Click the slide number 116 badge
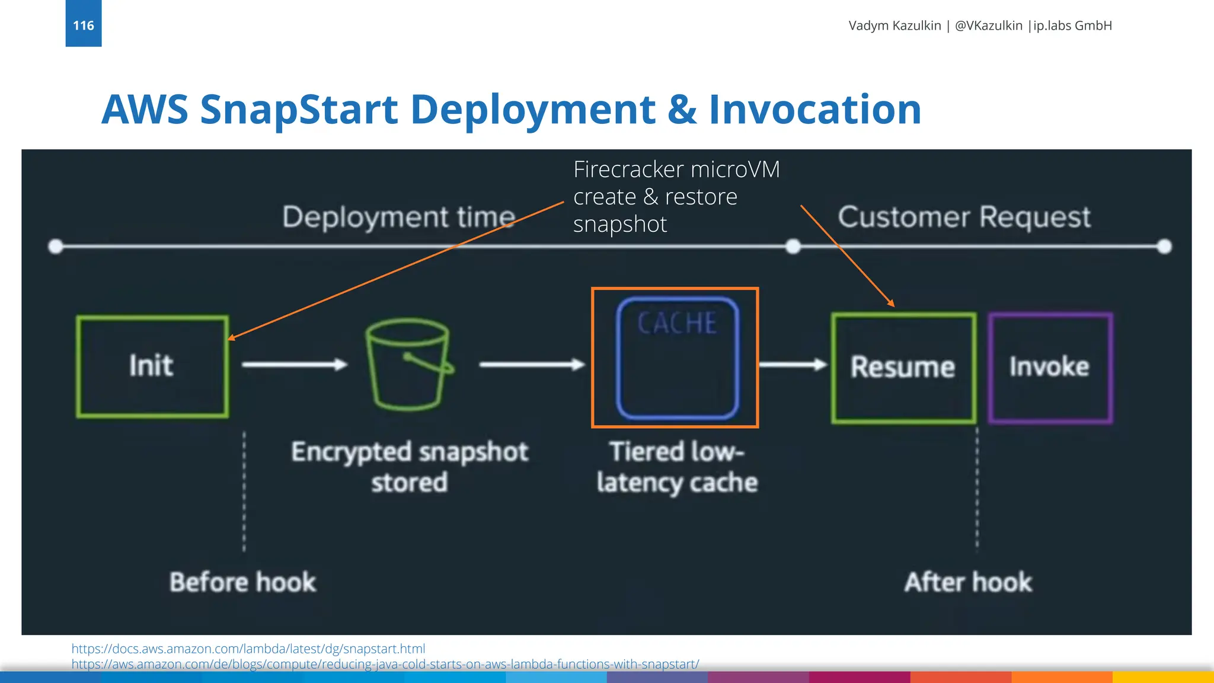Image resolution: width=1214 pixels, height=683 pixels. click(84, 25)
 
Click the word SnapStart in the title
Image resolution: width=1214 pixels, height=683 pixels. click(299, 110)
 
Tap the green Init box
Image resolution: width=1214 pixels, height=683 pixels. click(152, 366)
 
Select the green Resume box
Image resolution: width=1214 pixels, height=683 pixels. click(903, 368)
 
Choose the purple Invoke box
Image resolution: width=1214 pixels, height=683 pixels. click(1050, 368)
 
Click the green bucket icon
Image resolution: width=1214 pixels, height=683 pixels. click(408, 365)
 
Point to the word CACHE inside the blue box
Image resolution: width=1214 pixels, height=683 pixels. click(677, 324)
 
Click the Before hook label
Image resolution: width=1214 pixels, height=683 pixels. click(242, 582)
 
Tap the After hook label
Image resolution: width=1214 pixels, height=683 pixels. click(968, 582)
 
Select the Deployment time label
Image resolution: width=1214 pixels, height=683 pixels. click(398, 217)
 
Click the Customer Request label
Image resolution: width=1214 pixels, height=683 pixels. click(964, 217)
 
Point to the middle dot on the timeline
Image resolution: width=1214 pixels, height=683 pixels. click(793, 247)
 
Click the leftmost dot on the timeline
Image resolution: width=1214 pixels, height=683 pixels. click(56, 247)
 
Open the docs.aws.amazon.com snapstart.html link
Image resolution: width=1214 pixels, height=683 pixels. click(248, 649)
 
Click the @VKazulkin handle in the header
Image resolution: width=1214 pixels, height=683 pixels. click(988, 25)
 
